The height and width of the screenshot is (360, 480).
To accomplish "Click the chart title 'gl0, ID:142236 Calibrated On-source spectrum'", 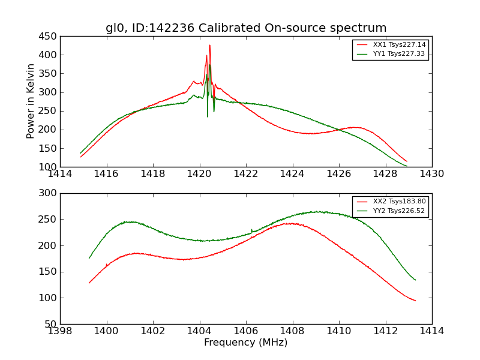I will [246, 28].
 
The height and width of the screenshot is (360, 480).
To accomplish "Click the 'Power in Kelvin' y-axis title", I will [31, 101].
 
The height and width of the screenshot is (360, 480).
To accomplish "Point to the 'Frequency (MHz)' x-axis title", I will [246, 343].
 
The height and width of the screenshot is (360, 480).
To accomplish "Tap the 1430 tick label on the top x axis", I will [431, 174].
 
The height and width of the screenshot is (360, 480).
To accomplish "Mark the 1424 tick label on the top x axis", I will [292, 174].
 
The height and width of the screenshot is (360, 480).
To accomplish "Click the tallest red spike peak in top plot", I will [209, 45].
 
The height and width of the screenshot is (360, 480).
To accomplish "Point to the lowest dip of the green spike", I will [208, 116].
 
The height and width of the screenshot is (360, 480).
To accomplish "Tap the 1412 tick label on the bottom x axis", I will [385, 331].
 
